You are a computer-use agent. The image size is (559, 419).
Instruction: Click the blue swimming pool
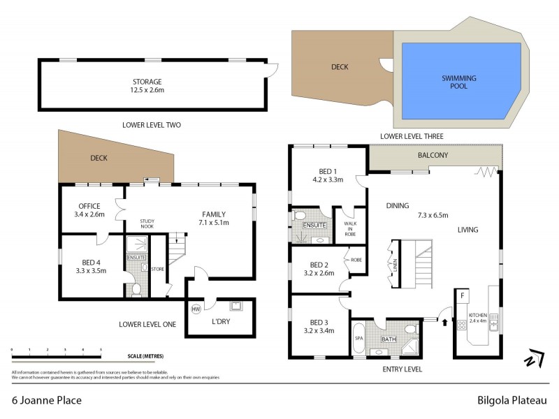[458, 77]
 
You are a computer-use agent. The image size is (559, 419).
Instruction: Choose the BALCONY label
[433, 155]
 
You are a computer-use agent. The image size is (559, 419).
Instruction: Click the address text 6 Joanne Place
[47, 401]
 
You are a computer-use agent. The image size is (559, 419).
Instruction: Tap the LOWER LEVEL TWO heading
[152, 125]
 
